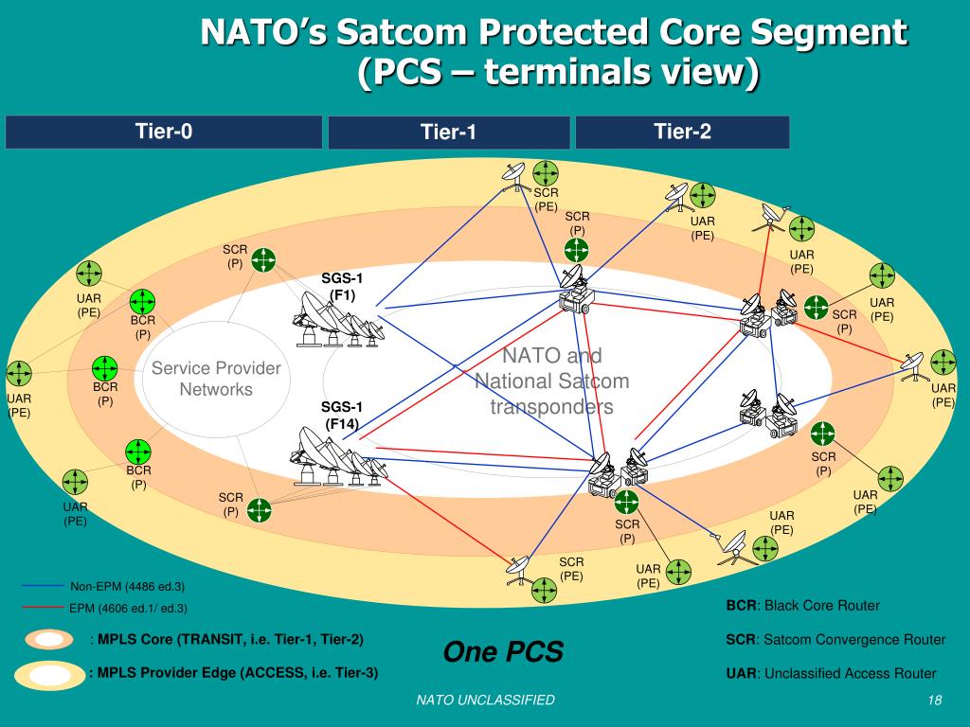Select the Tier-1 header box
pos(449,133)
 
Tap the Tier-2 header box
pos(682,132)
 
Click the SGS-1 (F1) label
pos(342,286)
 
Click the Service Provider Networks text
pos(216,379)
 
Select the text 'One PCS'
pos(503,651)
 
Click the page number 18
pos(934,700)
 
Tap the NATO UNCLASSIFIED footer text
pos(486,700)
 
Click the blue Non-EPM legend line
pos(43,587)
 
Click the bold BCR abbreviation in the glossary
pos(740,606)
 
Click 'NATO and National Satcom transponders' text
pos(551,381)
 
